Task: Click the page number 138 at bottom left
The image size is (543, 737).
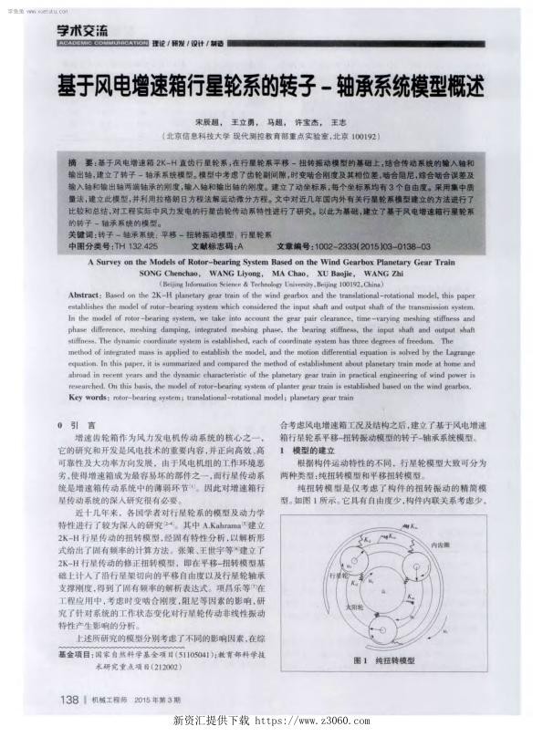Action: pos(70,700)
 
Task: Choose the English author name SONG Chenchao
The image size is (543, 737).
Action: pos(172,274)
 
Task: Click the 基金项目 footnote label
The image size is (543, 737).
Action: pos(73,654)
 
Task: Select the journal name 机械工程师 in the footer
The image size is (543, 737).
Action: pos(112,701)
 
